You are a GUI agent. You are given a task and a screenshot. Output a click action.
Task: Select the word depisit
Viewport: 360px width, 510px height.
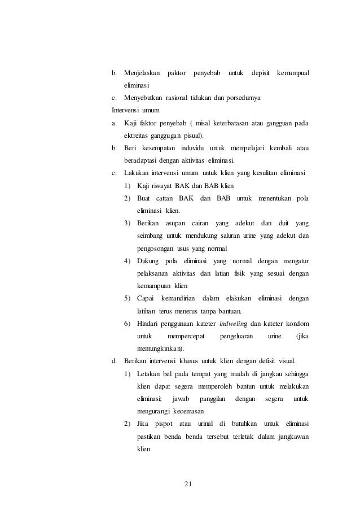point(260,73)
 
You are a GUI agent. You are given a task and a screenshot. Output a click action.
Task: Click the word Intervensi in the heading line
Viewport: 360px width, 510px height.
point(127,111)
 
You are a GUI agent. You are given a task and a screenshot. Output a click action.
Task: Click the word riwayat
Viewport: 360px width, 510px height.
point(164,186)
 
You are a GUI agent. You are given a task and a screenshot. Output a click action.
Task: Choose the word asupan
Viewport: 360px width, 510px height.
point(176,223)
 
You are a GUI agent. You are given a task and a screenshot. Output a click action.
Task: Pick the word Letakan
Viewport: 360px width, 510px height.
point(150,373)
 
